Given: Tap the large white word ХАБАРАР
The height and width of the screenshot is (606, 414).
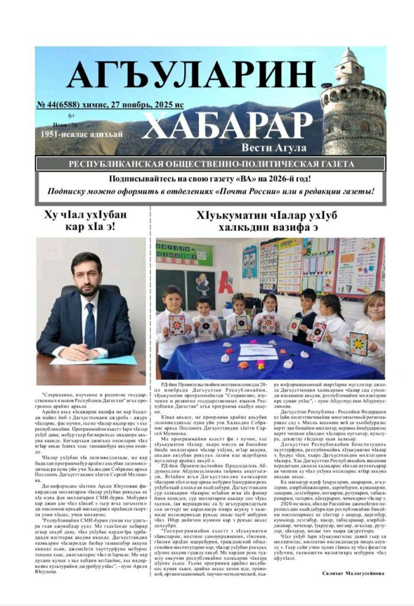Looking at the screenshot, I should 227,125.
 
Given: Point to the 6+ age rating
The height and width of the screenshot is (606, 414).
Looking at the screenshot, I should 72,116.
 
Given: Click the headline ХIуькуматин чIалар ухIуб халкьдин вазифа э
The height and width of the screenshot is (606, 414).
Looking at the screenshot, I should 269,220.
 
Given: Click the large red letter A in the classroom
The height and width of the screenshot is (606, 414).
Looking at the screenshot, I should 225,282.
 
